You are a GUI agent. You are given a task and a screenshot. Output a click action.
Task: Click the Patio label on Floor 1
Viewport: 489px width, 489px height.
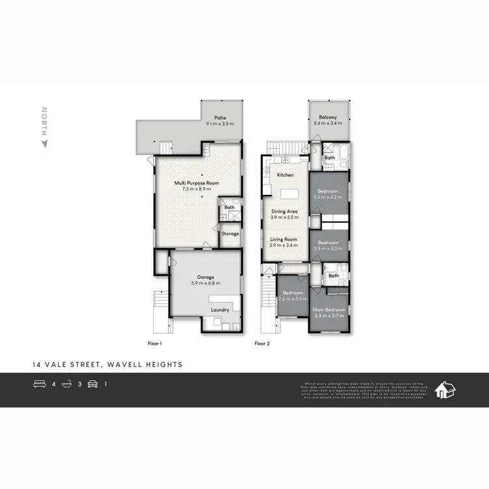219,118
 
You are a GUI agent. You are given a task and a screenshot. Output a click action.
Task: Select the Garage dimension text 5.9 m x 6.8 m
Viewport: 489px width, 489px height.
205,282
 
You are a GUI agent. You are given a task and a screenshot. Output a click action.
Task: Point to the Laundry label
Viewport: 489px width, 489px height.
220,310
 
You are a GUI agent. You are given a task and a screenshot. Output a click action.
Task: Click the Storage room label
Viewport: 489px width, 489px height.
230,233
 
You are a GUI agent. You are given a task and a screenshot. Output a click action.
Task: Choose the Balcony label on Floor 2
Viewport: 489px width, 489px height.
328,117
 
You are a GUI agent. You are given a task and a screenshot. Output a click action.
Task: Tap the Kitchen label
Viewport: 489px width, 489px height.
285,175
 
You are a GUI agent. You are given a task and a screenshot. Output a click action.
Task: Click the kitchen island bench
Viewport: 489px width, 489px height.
289,194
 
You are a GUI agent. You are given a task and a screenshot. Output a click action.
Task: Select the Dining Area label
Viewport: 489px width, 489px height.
284,211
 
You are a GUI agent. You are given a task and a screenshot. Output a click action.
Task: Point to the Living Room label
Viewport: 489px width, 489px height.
284,239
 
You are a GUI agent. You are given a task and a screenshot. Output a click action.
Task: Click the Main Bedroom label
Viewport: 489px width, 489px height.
328,309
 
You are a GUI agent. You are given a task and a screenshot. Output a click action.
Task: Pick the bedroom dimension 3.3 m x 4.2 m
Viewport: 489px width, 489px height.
328,196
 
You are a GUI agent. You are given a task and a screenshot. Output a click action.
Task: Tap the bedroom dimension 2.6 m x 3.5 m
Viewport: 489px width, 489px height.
291,298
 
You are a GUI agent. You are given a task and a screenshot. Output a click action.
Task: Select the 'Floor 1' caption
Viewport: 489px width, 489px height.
155,342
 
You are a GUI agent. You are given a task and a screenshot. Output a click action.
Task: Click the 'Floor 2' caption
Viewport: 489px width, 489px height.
262,342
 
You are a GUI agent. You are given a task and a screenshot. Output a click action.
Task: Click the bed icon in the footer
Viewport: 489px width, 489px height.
39,384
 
